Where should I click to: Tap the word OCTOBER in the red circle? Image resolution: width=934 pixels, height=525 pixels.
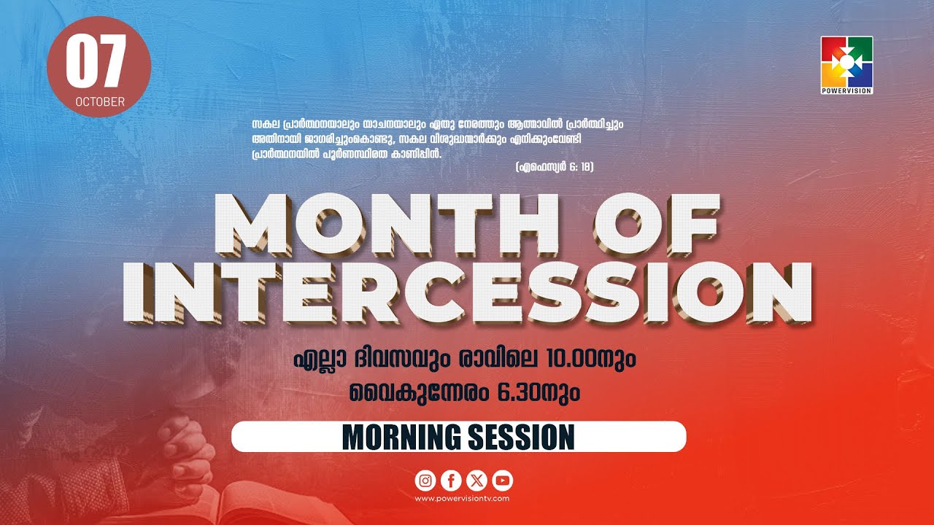[x=99, y=101]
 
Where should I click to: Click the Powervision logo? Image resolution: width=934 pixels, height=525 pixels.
[x=846, y=61]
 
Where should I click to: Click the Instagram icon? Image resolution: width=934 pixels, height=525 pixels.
[x=425, y=480]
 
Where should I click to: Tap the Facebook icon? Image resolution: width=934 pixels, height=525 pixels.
[x=451, y=480]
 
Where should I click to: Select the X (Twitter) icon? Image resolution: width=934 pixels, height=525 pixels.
[x=476, y=480]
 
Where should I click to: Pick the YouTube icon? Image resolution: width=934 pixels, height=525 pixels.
[x=502, y=480]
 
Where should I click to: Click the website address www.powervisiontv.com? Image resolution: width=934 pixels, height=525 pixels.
[x=462, y=499]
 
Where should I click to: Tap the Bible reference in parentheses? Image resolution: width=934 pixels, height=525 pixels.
[x=554, y=167]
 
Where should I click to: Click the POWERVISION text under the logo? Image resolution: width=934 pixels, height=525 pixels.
[x=846, y=90]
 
